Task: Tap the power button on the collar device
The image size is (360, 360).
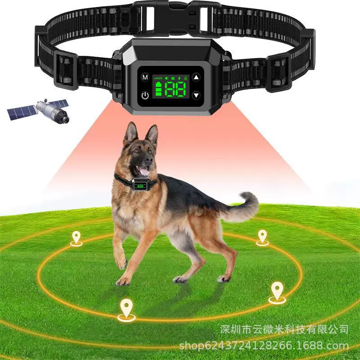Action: pyautogui.click(x=145, y=95)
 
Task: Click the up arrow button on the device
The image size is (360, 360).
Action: pyautogui.click(x=196, y=77)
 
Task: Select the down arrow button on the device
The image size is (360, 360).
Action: pyautogui.click(x=196, y=95)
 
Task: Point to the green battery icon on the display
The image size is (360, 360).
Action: pyautogui.click(x=158, y=89)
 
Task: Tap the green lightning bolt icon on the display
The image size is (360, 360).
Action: pyautogui.click(x=179, y=77)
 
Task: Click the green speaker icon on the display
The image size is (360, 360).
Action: pyautogui.click(x=166, y=77)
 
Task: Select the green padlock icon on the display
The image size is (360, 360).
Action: pyautogui.click(x=185, y=77)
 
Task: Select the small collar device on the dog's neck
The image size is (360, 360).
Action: pyautogui.click(x=140, y=185)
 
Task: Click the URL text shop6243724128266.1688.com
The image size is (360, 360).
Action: pyautogui.click(x=264, y=346)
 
